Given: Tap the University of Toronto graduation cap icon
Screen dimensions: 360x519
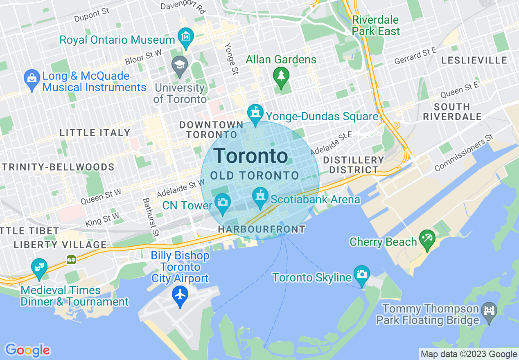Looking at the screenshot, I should pyautogui.click(x=179, y=66).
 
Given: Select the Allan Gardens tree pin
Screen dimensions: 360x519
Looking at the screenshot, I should pyautogui.click(x=281, y=76).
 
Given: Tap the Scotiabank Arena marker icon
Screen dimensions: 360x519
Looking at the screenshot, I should pyautogui.click(x=260, y=197).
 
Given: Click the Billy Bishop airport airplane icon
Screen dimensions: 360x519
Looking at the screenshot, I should pyautogui.click(x=180, y=295).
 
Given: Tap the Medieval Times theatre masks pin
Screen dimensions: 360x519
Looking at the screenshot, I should pyautogui.click(x=39, y=268).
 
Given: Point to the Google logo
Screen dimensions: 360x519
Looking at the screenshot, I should pyautogui.click(x=27, y=350).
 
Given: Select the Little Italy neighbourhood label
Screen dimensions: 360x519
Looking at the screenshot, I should pyautogui.click(x=95, y=133).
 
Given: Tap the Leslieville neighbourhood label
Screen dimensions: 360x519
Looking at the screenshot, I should pyautogui.click(x=474, y=60).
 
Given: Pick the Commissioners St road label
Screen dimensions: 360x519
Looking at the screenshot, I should pyautogui.click(x=464, y=153).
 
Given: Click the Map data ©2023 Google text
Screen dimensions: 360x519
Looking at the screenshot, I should pyautogui.click(x=469, y=354).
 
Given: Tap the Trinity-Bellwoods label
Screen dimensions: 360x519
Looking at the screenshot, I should pyautogui.click(x=58, y=167).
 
